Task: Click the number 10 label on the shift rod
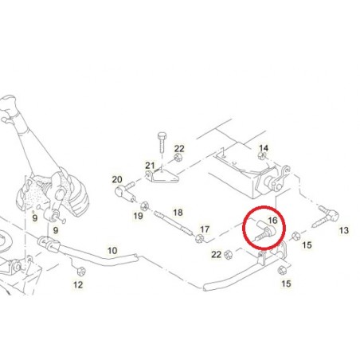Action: click(112, 251)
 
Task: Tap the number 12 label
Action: click(78, 285)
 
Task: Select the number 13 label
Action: click(344, 230)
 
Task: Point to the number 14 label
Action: click(264, 148)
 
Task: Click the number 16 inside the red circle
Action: click(272, 220)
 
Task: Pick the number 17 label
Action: click(205, 229)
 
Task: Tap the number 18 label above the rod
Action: click(178, 213)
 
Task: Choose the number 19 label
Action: click(138, 216)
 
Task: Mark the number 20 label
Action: click(117, 179)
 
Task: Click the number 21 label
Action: click(150, 166)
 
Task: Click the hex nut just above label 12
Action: click(80, 272)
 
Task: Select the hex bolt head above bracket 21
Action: click(162, 137)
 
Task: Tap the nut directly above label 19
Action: click(144, 206)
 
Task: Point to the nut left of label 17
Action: click(198, 238)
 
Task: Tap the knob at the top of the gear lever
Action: click(8, 102)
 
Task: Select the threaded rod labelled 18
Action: click(173, 223)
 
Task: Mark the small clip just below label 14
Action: click(263, 155)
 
